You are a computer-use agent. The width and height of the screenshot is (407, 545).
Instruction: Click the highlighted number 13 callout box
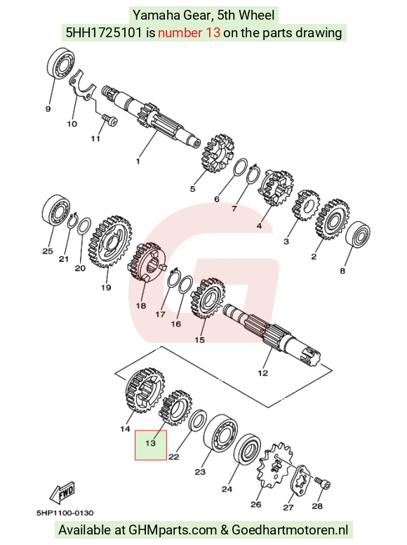point(151,445)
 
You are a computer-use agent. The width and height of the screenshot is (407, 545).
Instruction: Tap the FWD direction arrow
point(62,493)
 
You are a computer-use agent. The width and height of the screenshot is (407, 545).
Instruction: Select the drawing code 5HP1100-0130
point(65,513)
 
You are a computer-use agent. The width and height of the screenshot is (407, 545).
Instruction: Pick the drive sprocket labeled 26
point(275,465)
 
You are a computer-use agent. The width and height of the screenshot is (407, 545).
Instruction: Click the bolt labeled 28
point(323,483)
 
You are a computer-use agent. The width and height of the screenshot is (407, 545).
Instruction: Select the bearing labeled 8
point(358,234)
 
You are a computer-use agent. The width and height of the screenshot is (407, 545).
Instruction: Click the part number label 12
point(263,374)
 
